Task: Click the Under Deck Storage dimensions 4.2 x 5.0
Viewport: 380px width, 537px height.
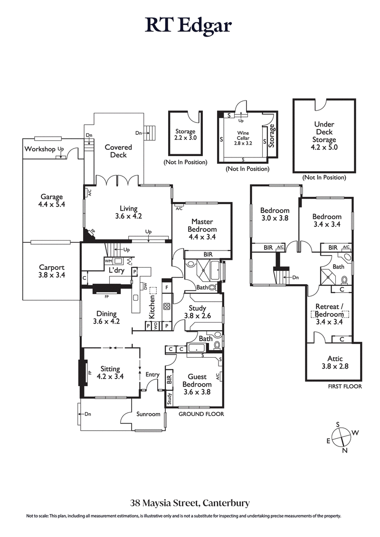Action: click(x=324, y=148)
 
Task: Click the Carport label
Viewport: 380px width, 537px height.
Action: click(x=51, y=267)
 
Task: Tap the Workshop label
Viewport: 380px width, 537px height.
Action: click(x=41, y=149)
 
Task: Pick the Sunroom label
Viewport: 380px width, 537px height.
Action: click(x=148, y=414)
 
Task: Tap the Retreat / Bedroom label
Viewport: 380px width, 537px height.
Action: click(x=329, y=310)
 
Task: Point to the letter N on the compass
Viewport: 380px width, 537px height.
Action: click(x=345, y=451)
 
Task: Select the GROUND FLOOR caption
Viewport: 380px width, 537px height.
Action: click(x=201, y=414)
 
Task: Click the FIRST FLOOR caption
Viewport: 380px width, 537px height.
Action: click(x=344, y=387)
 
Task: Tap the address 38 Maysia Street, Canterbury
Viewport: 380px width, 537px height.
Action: click(x=190, y=502)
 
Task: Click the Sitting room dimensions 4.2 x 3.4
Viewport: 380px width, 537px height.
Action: click(x=109, y=377)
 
